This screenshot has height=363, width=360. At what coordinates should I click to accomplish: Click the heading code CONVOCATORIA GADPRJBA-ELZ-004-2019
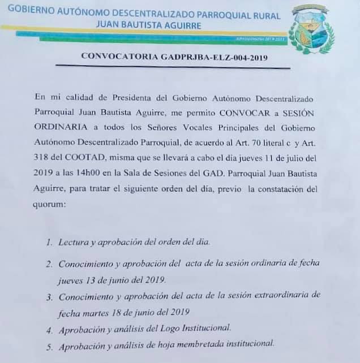tap(174, 57)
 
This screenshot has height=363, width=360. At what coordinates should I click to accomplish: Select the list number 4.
tap(50, 329)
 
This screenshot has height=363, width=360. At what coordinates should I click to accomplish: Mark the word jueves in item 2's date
tap(71, 280)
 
